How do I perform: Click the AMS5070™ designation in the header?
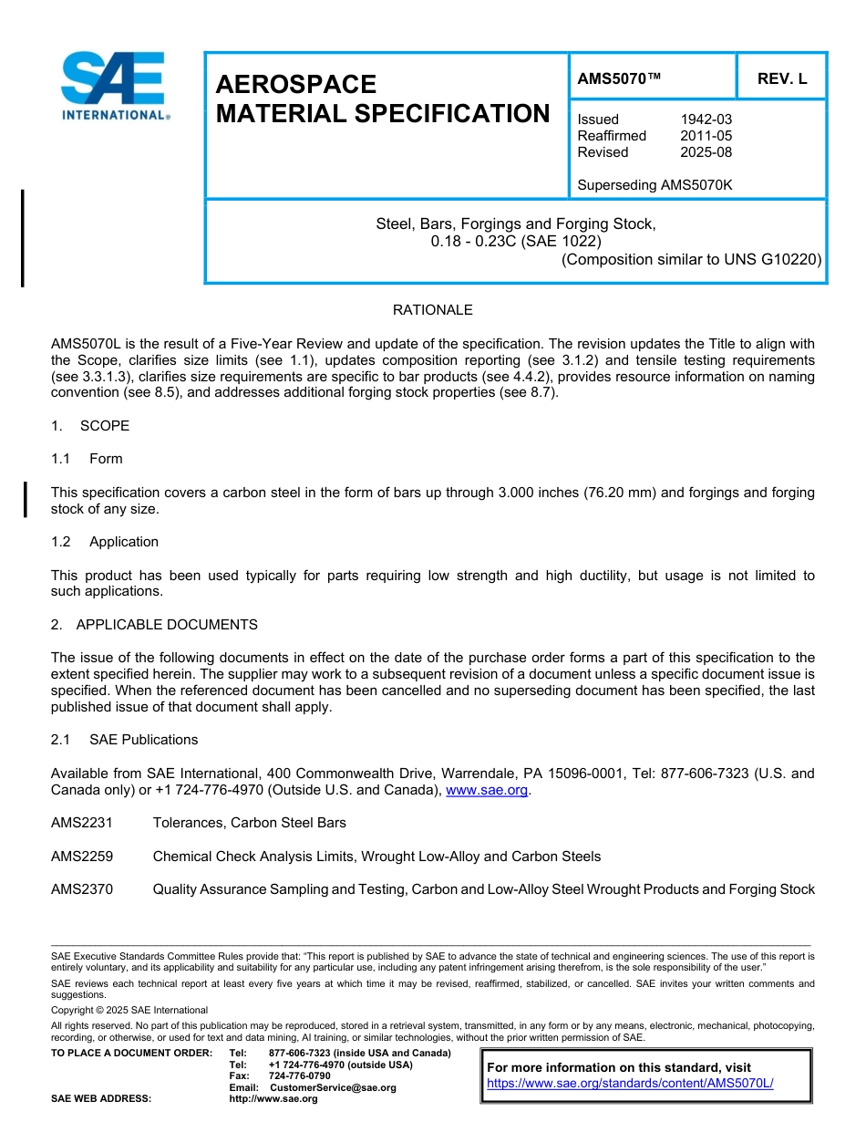click(619, 79)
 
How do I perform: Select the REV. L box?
click(781, 79)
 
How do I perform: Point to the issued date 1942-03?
click(706, 119)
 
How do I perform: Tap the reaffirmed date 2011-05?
click(706, 136)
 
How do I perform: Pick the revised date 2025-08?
click(706, 152)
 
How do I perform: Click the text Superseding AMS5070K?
click(655, 185)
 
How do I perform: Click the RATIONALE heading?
click(432, 310)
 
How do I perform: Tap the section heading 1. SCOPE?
click(90, 426)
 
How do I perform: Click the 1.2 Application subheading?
click(106, 542)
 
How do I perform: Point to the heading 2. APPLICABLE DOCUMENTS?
click(154, 625)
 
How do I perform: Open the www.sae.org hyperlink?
click(487, 790)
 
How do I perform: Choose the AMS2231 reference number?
click(82, 823)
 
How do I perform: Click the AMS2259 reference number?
click(82, 857)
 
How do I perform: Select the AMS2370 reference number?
click(82, 889)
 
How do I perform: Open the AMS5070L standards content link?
click(630, 1083)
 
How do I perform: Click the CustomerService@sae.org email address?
click(333, 1087)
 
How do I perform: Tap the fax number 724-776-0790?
click(299, 1076)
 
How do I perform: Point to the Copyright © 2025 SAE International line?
click(129, 1010)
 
